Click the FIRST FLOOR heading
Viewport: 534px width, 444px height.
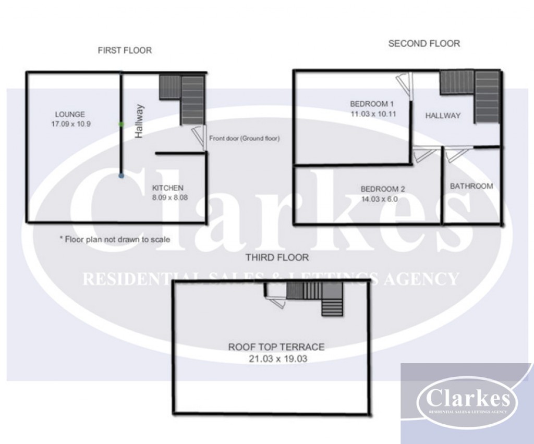click(125, 51)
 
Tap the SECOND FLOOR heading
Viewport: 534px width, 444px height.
click(424, 44)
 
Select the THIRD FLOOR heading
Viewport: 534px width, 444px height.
click(277, 257)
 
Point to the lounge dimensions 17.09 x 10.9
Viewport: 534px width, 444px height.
click(71, 124)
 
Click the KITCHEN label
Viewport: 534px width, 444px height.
click(167, 188)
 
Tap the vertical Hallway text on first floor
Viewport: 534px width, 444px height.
click(139, 121)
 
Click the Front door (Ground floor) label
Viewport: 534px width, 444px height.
click(244, 139)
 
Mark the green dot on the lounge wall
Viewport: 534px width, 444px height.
click(122, 124)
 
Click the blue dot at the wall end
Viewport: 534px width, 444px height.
click(122, 176)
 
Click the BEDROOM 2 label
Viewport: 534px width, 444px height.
click(383, 189)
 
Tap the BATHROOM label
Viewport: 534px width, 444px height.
click(471, 186)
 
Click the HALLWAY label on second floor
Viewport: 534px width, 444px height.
click(443, 116)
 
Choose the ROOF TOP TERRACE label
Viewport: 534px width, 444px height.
click(276, 347)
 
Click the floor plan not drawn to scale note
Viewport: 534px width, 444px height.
click(115, 240)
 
